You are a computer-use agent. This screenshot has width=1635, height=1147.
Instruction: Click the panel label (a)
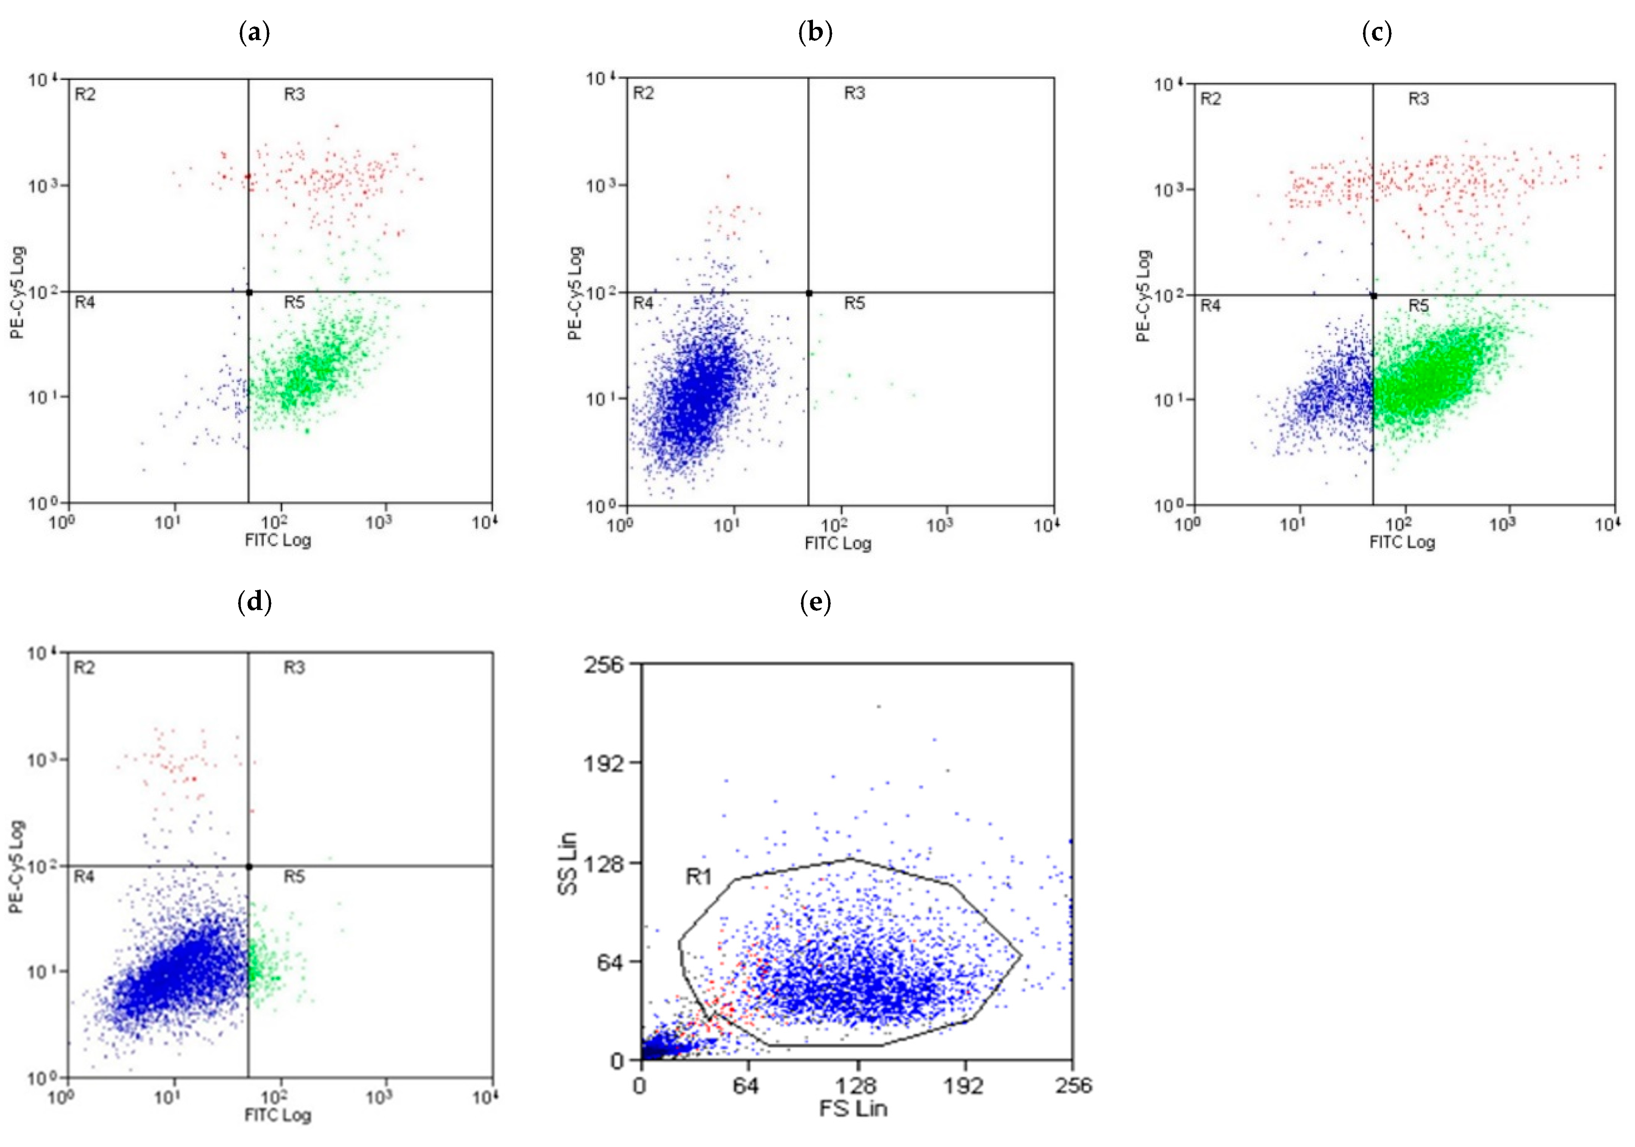254,33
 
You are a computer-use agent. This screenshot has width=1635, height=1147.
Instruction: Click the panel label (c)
1376,33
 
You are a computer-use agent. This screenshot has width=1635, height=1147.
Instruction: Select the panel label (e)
815,603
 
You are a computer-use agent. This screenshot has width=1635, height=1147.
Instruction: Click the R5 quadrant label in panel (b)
855,304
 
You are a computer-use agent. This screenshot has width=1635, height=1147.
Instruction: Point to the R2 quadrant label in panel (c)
1211,99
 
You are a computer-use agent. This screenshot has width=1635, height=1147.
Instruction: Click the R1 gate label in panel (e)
698,876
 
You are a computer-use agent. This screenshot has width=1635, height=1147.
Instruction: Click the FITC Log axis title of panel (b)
838,543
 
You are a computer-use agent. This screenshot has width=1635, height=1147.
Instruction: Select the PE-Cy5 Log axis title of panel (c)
1144,296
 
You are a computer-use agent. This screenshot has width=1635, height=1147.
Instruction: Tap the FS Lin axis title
853,1108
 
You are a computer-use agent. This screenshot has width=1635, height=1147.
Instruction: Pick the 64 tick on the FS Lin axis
746,1086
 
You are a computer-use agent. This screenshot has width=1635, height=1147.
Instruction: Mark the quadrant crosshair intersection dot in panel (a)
249,292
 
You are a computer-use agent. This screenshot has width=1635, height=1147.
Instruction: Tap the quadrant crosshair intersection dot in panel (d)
249,866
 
